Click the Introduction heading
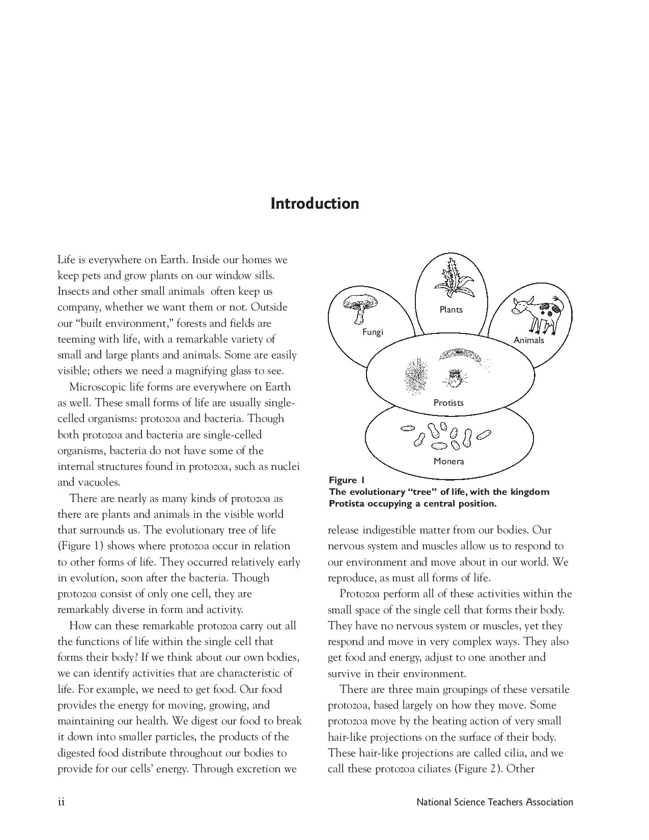point(315,204)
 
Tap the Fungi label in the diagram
point(372,332)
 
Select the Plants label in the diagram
point(451,310)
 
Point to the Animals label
point(528,340)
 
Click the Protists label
point(448,403)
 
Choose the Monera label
point(448,461)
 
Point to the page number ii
point(61,802)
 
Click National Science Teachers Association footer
point(495,802)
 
